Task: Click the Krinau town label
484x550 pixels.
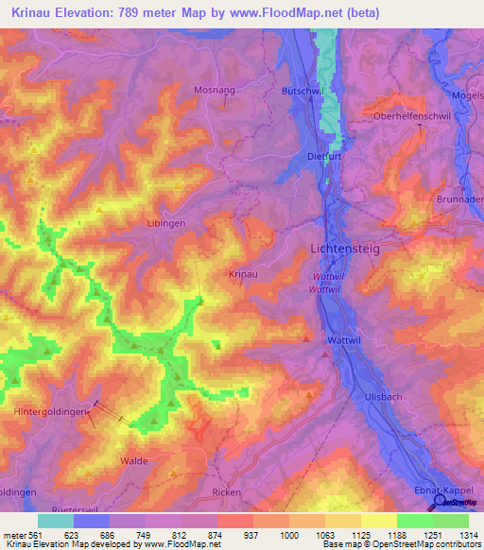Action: [x=243, y=273]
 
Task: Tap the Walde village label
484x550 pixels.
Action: [x=133, y=460]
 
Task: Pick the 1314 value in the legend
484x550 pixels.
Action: [x=470, y=533]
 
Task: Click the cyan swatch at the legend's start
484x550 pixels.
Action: [x=56, y=521]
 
